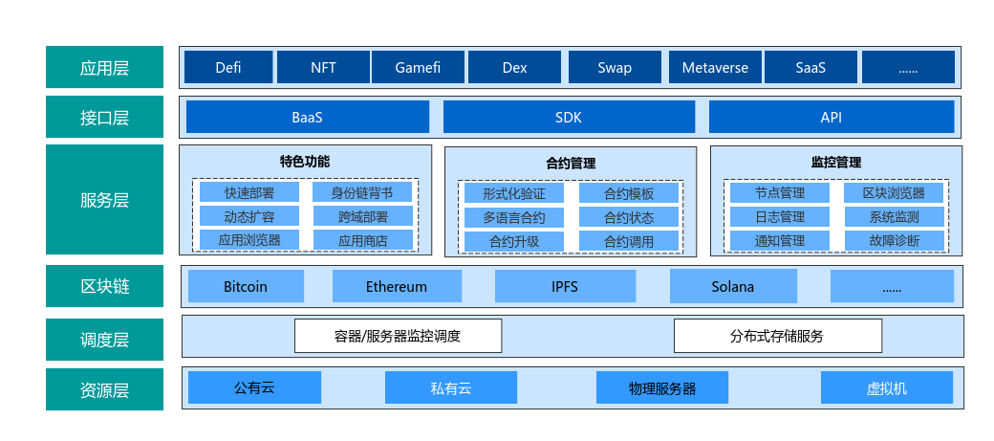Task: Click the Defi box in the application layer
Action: pyautogui.click(x=227, y=68)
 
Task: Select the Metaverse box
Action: pyautogui.click(x=715, y=68)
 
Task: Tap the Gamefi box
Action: pyautogui.click(x=417, y=68)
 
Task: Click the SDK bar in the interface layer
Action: pyautogui.click(x=569, y=117)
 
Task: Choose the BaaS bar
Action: pyautogui.click(x=307, y=117)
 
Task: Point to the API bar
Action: pyautogui.click(x=831, y=117)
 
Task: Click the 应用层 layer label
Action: pyautogui.click(x=104, y=68)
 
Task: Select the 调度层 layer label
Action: pyautogui.click(x=104, y=339)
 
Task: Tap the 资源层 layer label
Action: pyautogui.click(x=104, y=389)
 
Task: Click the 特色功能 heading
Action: pyautogui.click(x=305, y=161)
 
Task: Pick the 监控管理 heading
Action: pyautogui.click(x=835, y=162)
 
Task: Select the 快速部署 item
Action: pyautogui.click(x=248, y=192)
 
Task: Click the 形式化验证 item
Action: pyautogui.click(x=514, y=193)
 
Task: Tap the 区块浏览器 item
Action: pyautogui.click(x=894, y=192)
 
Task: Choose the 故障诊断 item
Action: pyautogui.click(x=894, y=240)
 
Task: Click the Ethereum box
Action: pyautogui.click(x=396, y=286)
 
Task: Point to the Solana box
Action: pyautogui.click(x=732, y=286)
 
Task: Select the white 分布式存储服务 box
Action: pyautogui.click(x=777, y=336)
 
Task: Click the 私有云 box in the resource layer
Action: pyautogui.click(x=450, y=387)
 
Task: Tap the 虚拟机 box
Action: pyautogui.click(x=886, y=387)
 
